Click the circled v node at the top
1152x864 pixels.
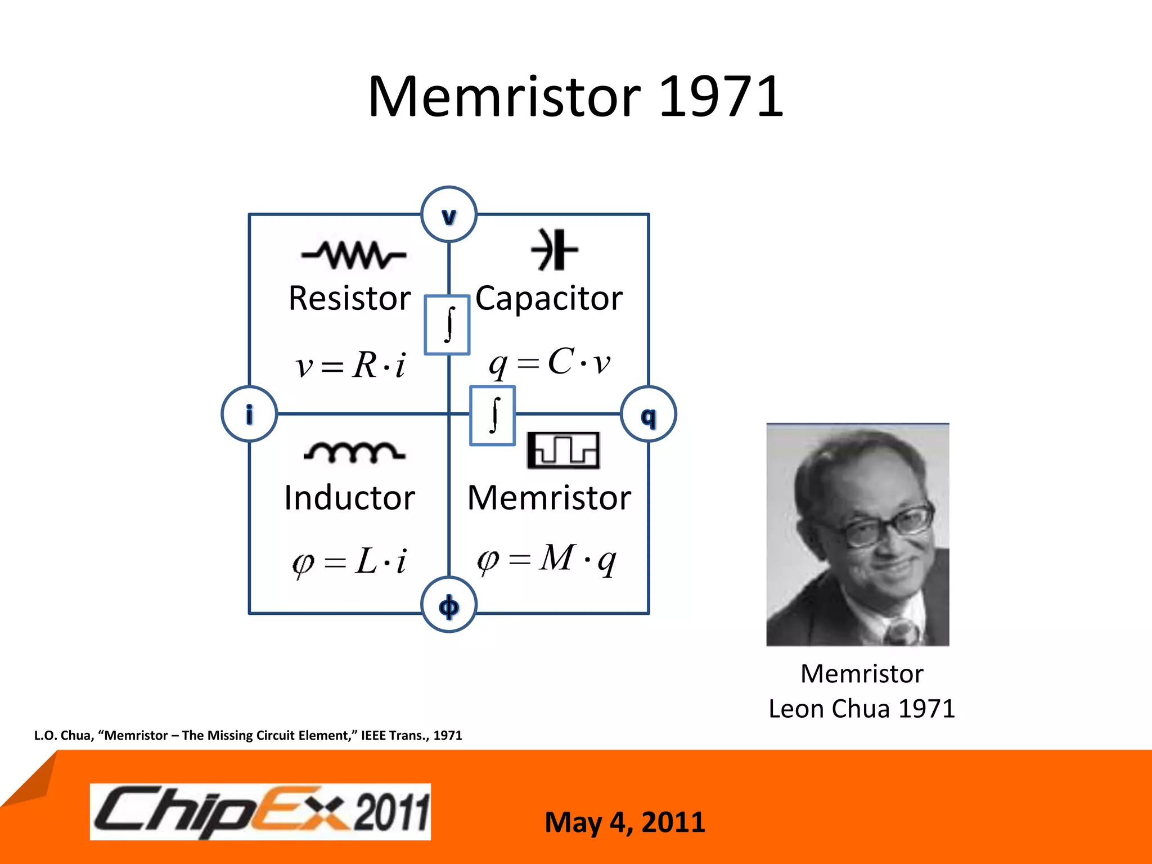pos(449,214)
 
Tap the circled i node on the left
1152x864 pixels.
pos(249,414)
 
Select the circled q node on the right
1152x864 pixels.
pos(649,415)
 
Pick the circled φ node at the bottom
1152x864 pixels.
pos(449,605)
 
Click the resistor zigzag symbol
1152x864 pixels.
pos(354,255)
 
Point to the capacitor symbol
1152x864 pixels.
pos(554,250)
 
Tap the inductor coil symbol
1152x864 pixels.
pos(354,452)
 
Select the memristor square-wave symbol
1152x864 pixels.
pos(563,451)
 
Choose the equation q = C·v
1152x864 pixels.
pos(550,363)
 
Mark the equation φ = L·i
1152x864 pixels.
pos(349,561)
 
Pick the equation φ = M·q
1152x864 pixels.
pos(547,560)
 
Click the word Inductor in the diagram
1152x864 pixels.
pos(349,498)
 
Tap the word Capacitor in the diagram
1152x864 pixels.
pos(549,298)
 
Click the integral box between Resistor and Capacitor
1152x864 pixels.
pos(447,325)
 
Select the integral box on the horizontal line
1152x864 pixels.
pos(493,416)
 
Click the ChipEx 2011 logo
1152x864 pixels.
pos(260,812)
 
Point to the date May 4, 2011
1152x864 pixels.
pos(625,822)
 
